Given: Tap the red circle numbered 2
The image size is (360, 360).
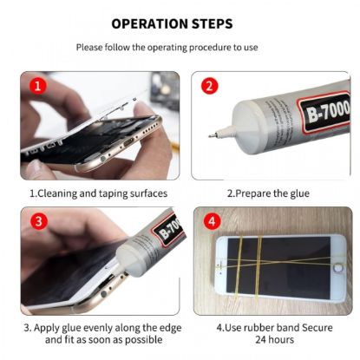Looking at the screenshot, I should pos(208,86).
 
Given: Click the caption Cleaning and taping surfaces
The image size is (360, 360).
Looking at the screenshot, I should pos(98,193).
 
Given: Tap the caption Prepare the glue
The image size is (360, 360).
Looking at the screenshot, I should pos(268,193).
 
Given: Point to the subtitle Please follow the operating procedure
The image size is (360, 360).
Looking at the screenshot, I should pos(180,47).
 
